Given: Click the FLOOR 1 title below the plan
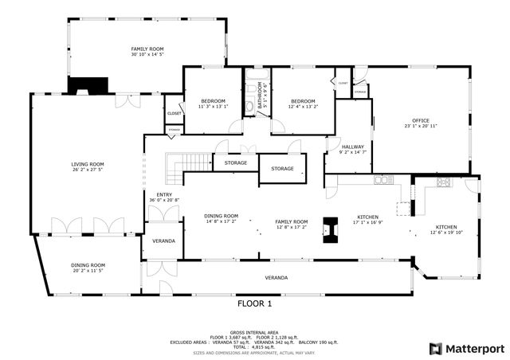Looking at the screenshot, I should click(254, 303).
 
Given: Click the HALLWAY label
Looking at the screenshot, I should click(352, 147).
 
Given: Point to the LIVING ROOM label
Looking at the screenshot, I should click(88, 165).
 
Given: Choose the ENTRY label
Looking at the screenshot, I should click(164, 194).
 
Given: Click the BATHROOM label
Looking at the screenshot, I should click(258, 96).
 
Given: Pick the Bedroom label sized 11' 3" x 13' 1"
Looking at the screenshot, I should click(213, 101).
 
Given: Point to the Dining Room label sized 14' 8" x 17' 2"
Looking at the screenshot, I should click(221, 216).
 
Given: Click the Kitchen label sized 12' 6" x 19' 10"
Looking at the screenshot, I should click(445, 228).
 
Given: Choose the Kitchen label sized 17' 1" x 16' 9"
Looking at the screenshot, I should click(368, 217).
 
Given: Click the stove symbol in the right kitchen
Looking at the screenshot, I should click(443, 182).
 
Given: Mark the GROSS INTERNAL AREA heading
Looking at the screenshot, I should click(254, 332).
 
